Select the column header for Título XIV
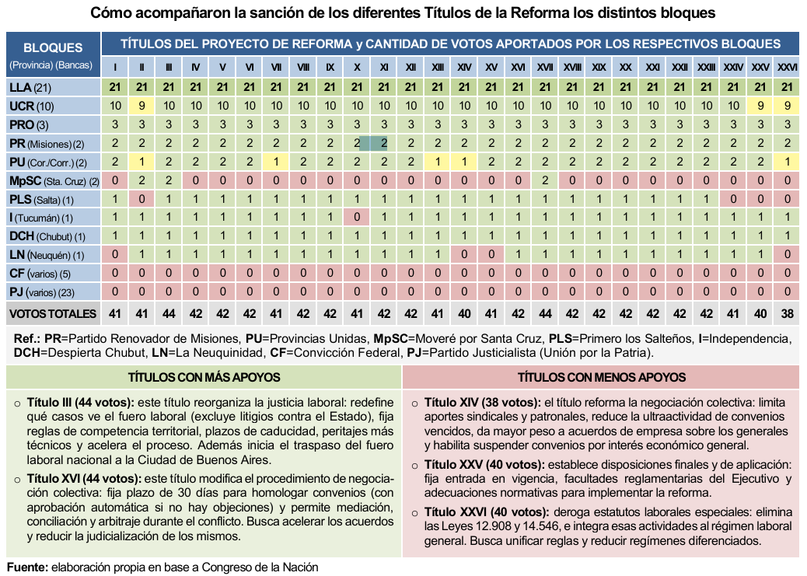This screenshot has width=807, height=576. point(464,68)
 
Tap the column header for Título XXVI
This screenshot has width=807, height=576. point(788,68)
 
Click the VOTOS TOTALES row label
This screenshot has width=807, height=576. point(53,314)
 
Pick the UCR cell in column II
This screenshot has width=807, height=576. point(142,106)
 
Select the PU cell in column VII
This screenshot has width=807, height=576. point(276,162)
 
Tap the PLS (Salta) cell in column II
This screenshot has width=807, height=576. point(142,199)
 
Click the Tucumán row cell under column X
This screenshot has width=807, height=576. point(357,218)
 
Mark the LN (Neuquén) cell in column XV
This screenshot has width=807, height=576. point(491,255)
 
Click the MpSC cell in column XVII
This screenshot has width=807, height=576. point(545,181)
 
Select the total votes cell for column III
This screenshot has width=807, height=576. point(169,314)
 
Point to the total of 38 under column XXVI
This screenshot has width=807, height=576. point(788,314)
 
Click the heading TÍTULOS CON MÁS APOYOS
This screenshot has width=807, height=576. point(204,377)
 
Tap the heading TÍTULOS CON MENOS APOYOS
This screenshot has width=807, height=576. point(602,377)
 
